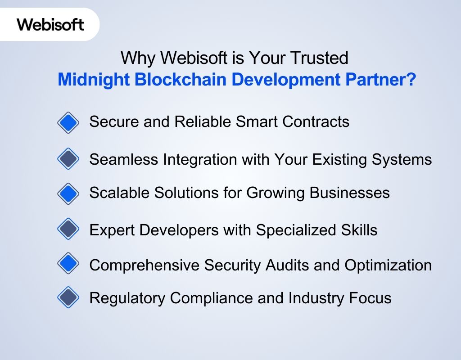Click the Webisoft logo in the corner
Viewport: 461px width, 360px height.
[50, 24]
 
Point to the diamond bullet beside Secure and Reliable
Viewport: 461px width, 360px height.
[68, 122]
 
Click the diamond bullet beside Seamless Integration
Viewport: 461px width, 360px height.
[68, 159]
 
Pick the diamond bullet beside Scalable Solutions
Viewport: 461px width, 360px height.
[68, 193]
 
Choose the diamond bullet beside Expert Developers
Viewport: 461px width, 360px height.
[68, 229]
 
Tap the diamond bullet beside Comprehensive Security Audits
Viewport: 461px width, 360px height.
[68, 264]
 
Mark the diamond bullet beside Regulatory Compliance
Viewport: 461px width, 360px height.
[68, 297]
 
